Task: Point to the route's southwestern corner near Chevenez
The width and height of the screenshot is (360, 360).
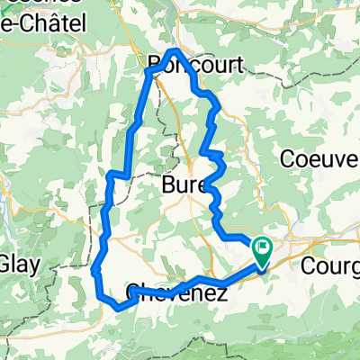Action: click(x=99, y=294)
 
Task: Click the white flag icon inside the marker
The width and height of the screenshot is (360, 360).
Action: click(x=263, y=245)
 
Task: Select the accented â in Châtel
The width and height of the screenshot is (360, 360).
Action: click(x=37, y=21)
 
